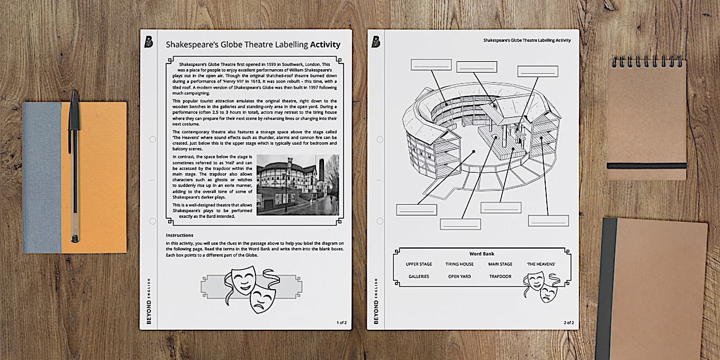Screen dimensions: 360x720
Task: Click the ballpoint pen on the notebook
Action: [x=74, y=166]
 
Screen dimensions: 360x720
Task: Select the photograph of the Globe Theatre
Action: [x=298, y=185]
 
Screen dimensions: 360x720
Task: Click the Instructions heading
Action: [x=179, y=235]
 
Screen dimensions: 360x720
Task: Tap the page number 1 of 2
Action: [x=342, y=322]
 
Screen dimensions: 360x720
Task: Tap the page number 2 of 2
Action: [x=569, y=322]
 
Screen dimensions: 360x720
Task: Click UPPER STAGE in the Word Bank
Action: [x=419, y=265]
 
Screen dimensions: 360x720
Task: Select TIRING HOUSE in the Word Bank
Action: [x=459, y=265]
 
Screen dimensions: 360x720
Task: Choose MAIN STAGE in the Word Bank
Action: [x=500, y=265]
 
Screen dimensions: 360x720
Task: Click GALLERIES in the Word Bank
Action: [x=419, y=277]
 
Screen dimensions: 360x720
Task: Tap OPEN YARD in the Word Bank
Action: [x=459, y=277]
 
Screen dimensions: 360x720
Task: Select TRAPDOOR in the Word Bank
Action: [x=500, y=277]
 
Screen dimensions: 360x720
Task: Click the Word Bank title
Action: [x=481, y=254]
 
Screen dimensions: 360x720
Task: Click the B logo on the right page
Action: [x=375, y=42]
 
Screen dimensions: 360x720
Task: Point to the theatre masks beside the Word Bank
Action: [x=541, y=286]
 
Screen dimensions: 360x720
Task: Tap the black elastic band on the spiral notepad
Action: [x=647, y=166]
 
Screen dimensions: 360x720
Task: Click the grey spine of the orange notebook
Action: [x=42, y=177]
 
